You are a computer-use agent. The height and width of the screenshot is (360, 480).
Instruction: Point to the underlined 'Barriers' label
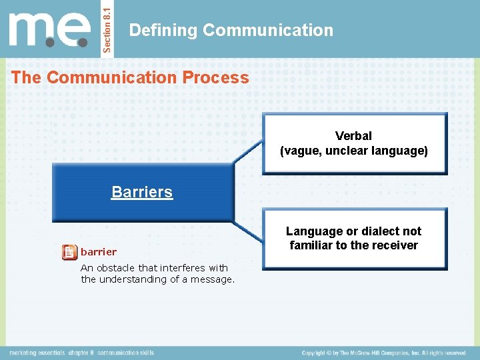pyautogui.click(x=142, y=192)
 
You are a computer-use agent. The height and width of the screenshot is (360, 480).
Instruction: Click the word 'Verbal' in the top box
pyautogui.click(x=353, y=136)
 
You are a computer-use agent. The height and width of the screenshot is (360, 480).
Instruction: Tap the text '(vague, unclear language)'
pyautogui.click(x=353, y=151)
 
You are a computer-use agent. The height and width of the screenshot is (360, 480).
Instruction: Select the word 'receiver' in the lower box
pyautogui.click(x=394, y=245)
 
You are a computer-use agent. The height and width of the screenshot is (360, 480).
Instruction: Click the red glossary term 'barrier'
pyautogui.click(x=98, y=252)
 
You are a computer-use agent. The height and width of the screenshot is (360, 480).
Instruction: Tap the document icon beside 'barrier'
pyautogui.click(x=69, y=252)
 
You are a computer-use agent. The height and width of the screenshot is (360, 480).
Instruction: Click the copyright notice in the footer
pyautogui.click(x=383, y=353)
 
